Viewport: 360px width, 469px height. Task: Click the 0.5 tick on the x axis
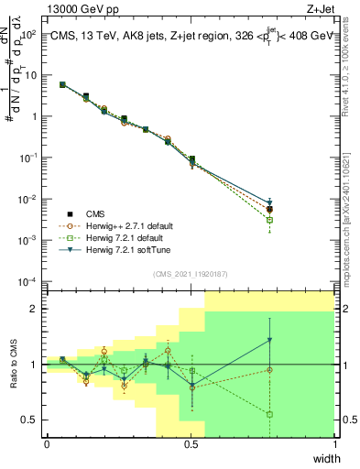(x=191, y=444)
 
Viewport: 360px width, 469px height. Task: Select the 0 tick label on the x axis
(x=47, y=444)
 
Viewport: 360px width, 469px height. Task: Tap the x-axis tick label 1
(x=334, y=444)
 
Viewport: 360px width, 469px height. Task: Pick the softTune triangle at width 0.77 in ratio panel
(x=270, y=340)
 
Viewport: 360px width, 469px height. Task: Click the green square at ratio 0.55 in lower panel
(x=270, y=414)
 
